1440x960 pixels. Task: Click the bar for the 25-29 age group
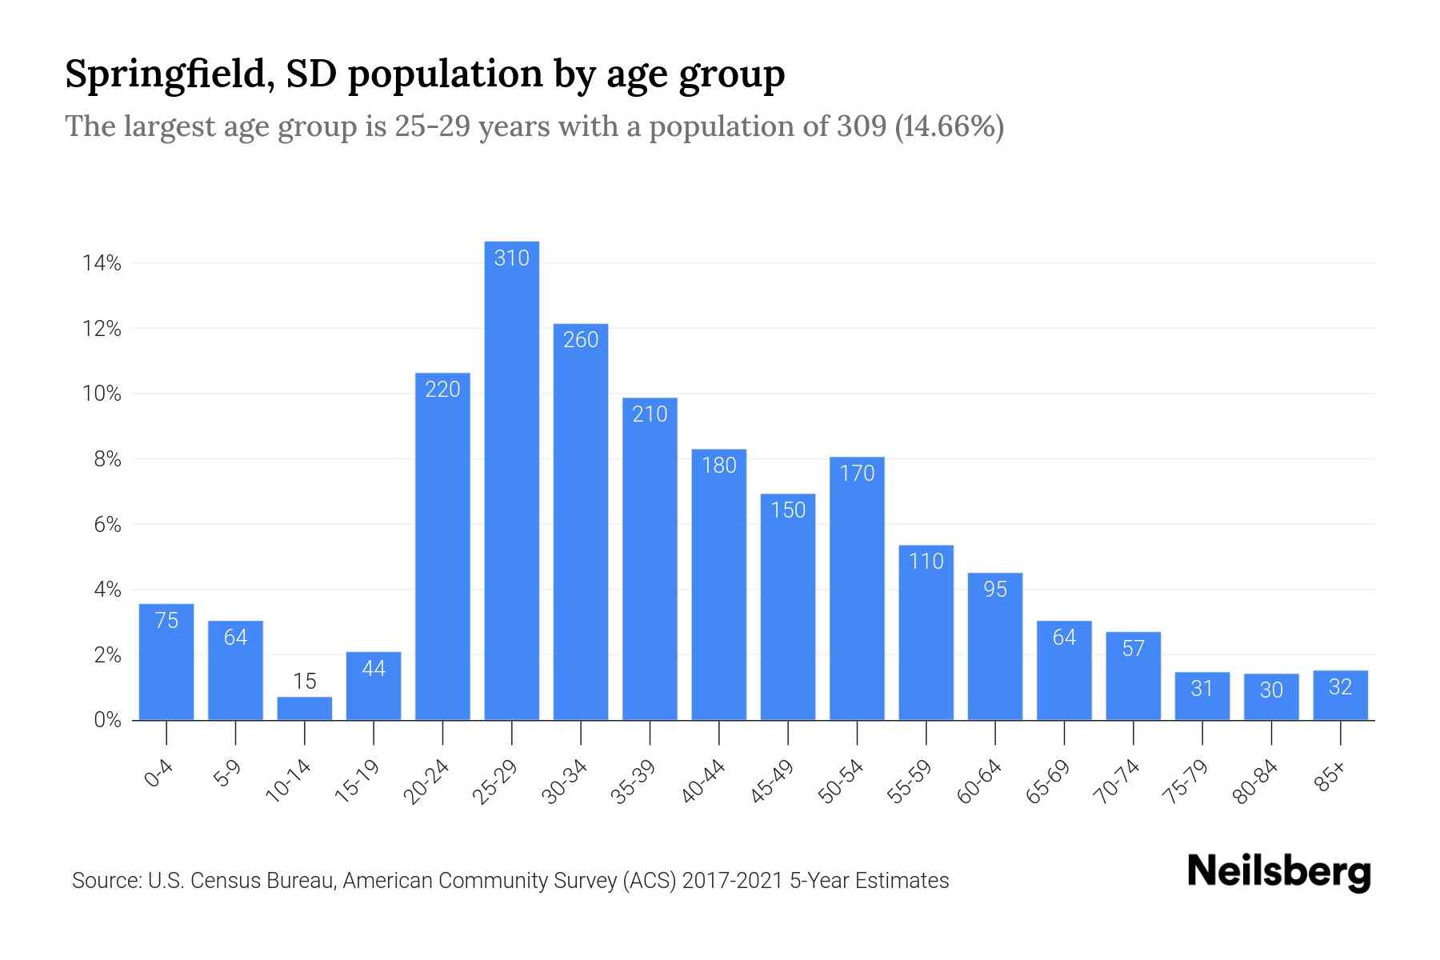(x=512, y=480)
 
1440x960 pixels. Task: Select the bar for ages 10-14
(x=305, y=709)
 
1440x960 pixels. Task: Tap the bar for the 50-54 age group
(x=857, y=588)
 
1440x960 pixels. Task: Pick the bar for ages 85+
(x=1340, y=695)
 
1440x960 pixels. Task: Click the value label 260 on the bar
(x=581, y=340)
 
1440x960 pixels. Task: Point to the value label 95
(x=995, y=590)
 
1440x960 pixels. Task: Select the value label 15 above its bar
(x=305, y=682)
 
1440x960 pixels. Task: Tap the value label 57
(x=1134, y=648)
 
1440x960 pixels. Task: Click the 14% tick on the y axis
(x=102, y=263)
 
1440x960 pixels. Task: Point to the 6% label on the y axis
(x=107, y=525)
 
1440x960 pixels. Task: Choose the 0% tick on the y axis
(x=107, y=720)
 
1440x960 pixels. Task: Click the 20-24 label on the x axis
(x=427, y=782)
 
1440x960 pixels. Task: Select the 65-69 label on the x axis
(x=1049, y=782)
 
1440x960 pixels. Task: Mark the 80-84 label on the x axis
(x=1256, y=782)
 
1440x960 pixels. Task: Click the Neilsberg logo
(x=1278, y=872)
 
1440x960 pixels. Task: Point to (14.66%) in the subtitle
(x=949, y=127)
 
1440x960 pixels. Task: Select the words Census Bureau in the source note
(x=272, y=881)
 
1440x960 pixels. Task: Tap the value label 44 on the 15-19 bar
(x=374, y=669)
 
